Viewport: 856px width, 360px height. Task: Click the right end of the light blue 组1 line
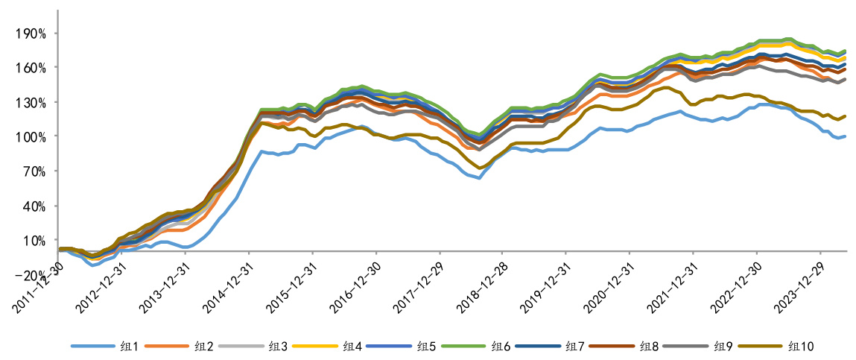point(845,136)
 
